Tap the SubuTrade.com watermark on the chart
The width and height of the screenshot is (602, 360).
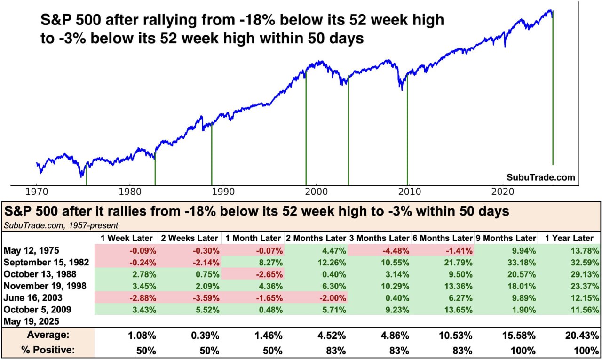pos(541,177)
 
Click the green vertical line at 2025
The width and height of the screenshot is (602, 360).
pos(553,94)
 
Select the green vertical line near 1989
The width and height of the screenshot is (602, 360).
pos(212,155)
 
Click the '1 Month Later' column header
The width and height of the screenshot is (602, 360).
pos(253,238)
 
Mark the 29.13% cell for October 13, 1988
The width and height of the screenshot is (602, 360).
pos(585,274)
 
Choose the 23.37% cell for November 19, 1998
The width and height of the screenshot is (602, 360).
pos(585,286)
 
